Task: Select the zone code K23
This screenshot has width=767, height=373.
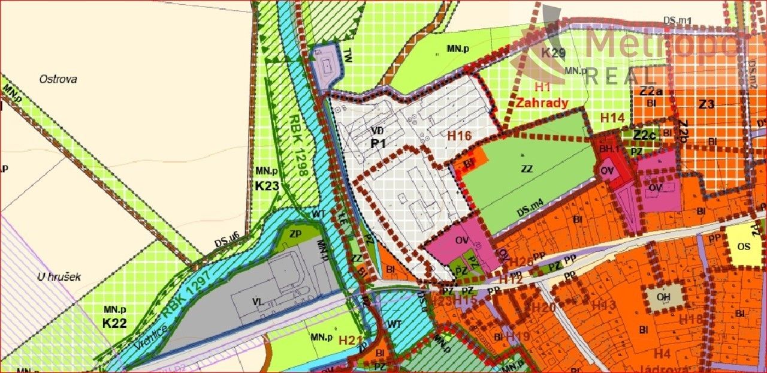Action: point(267,186)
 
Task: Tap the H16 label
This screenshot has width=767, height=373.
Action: point(460,136)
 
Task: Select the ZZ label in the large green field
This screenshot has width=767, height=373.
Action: point(527,169)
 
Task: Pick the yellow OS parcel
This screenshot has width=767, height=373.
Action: point(744,246)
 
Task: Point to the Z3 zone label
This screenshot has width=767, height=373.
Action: point(707,104)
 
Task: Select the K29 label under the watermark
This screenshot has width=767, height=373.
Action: point(553,53)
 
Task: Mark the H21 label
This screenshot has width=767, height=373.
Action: point(351,341)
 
